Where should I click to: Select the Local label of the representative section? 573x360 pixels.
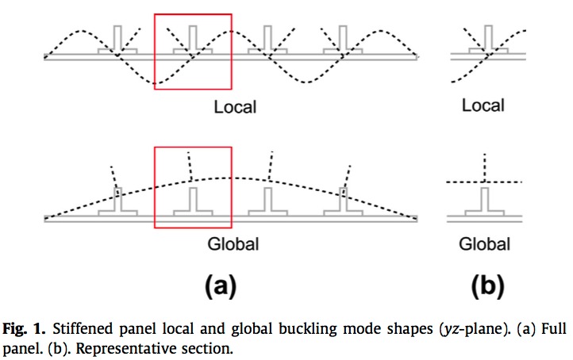483,105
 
